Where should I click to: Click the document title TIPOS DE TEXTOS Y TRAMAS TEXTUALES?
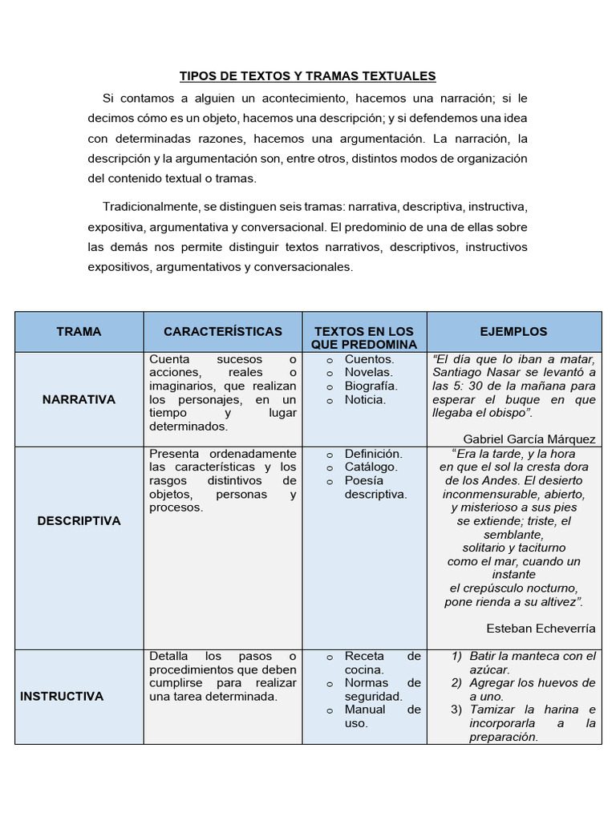pyautogui.click(x=307, y=76)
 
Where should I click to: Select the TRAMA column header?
pyautogui.click(x=79, y=331)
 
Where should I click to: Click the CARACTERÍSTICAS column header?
pyautogui.click(x=222, y=331)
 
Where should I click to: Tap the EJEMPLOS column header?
pyautogui.click(x=513, y=331)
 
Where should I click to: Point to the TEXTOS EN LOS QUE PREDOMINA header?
pyautogui.click(x=365, y=338)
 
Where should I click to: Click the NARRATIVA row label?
pyautogui.click(x=79, y=399)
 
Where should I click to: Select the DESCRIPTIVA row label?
pyautogui.click(x=79, y=520)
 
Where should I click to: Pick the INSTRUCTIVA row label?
pyautogui.click(x=62, y=696)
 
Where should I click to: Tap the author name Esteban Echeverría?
pyautogui.click(x=541, y=628)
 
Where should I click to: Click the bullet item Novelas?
pyautogui.click(x=368, y=372)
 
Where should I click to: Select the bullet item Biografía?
pyautogui.click(x=371, y=386)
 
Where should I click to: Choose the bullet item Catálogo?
pyautogui.click(x=371, y=467)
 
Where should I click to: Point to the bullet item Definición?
pyautogui.click(x=373, y=453)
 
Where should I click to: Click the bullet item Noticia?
pyautogui.click(x=365, y=399)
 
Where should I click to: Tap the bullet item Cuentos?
pyautogui.click(x=369, y=358)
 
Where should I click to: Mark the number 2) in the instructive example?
pyautogui.click(x=456, y=683)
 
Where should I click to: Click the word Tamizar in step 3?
pyautogui.click(x=493, y=710)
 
